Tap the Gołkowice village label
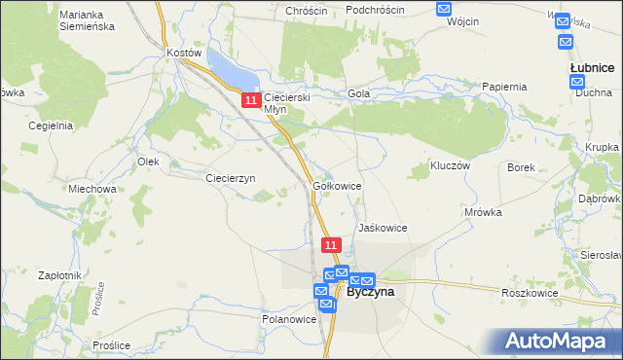[x=338, y=185]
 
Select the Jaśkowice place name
[x=382, y=227]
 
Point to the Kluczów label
[x=451, y=166]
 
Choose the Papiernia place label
[x=504, y=87]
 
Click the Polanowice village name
[x=289, y=318]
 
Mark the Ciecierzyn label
[x=230, y=178]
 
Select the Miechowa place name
[x=92, y=189]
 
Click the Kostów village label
[x=183, y=52]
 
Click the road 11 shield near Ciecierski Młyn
[x=251, y=100]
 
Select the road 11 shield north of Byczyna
[x=331, y=245]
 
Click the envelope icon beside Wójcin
[x=444, y=9]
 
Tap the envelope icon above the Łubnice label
[x=564, y=43]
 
